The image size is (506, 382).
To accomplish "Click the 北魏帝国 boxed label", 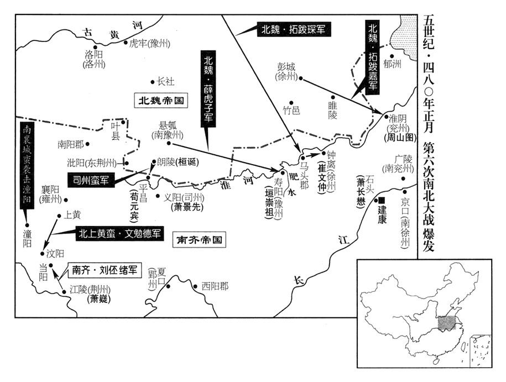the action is (161, 101).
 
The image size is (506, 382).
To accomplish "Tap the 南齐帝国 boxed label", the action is (199, 240).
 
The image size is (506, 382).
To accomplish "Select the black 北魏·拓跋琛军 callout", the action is (293, 30).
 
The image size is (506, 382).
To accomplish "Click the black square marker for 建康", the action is (382, 200).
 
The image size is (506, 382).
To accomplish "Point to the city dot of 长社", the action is (153, 82).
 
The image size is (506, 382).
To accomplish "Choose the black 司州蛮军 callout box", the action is (91, 180).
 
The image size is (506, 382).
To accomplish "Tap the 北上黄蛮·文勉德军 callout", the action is (119, 234).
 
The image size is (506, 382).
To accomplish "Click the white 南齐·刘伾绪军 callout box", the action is (105, 270).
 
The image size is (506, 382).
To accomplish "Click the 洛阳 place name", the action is (94, 54).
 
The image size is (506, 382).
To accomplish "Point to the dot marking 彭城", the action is (301, 78).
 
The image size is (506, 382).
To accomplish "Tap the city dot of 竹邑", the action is (291, 103).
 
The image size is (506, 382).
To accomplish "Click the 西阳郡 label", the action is (215, 286).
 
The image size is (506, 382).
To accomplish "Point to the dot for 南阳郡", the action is (87, 144).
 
